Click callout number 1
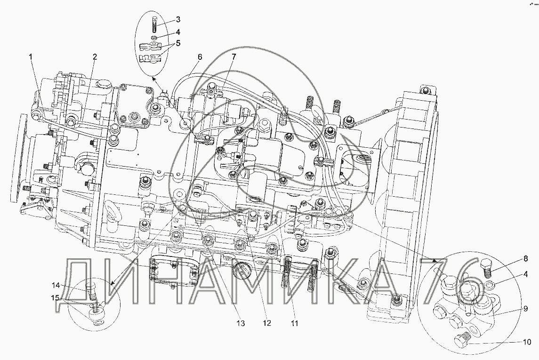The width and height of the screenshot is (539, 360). pyautogui.click(x=31, y=56)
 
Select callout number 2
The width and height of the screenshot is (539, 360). pyautogui.click(x=95, y=56)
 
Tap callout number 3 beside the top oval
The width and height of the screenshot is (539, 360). pyautogui.click(x=178, y=19)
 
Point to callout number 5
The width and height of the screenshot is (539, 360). pyautogui.click(x=178, y=43)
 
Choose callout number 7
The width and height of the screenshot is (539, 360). pyautogui.click(x=233, y=56)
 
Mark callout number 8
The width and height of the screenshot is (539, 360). pyautogui.click(x=526, y=259)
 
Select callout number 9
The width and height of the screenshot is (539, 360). pyautogui.click(x=526, y=309)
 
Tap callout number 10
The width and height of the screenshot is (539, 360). pyautogui.click(x=527, y=342)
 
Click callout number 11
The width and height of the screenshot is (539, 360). pyautogui.click(x=295, y=323)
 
